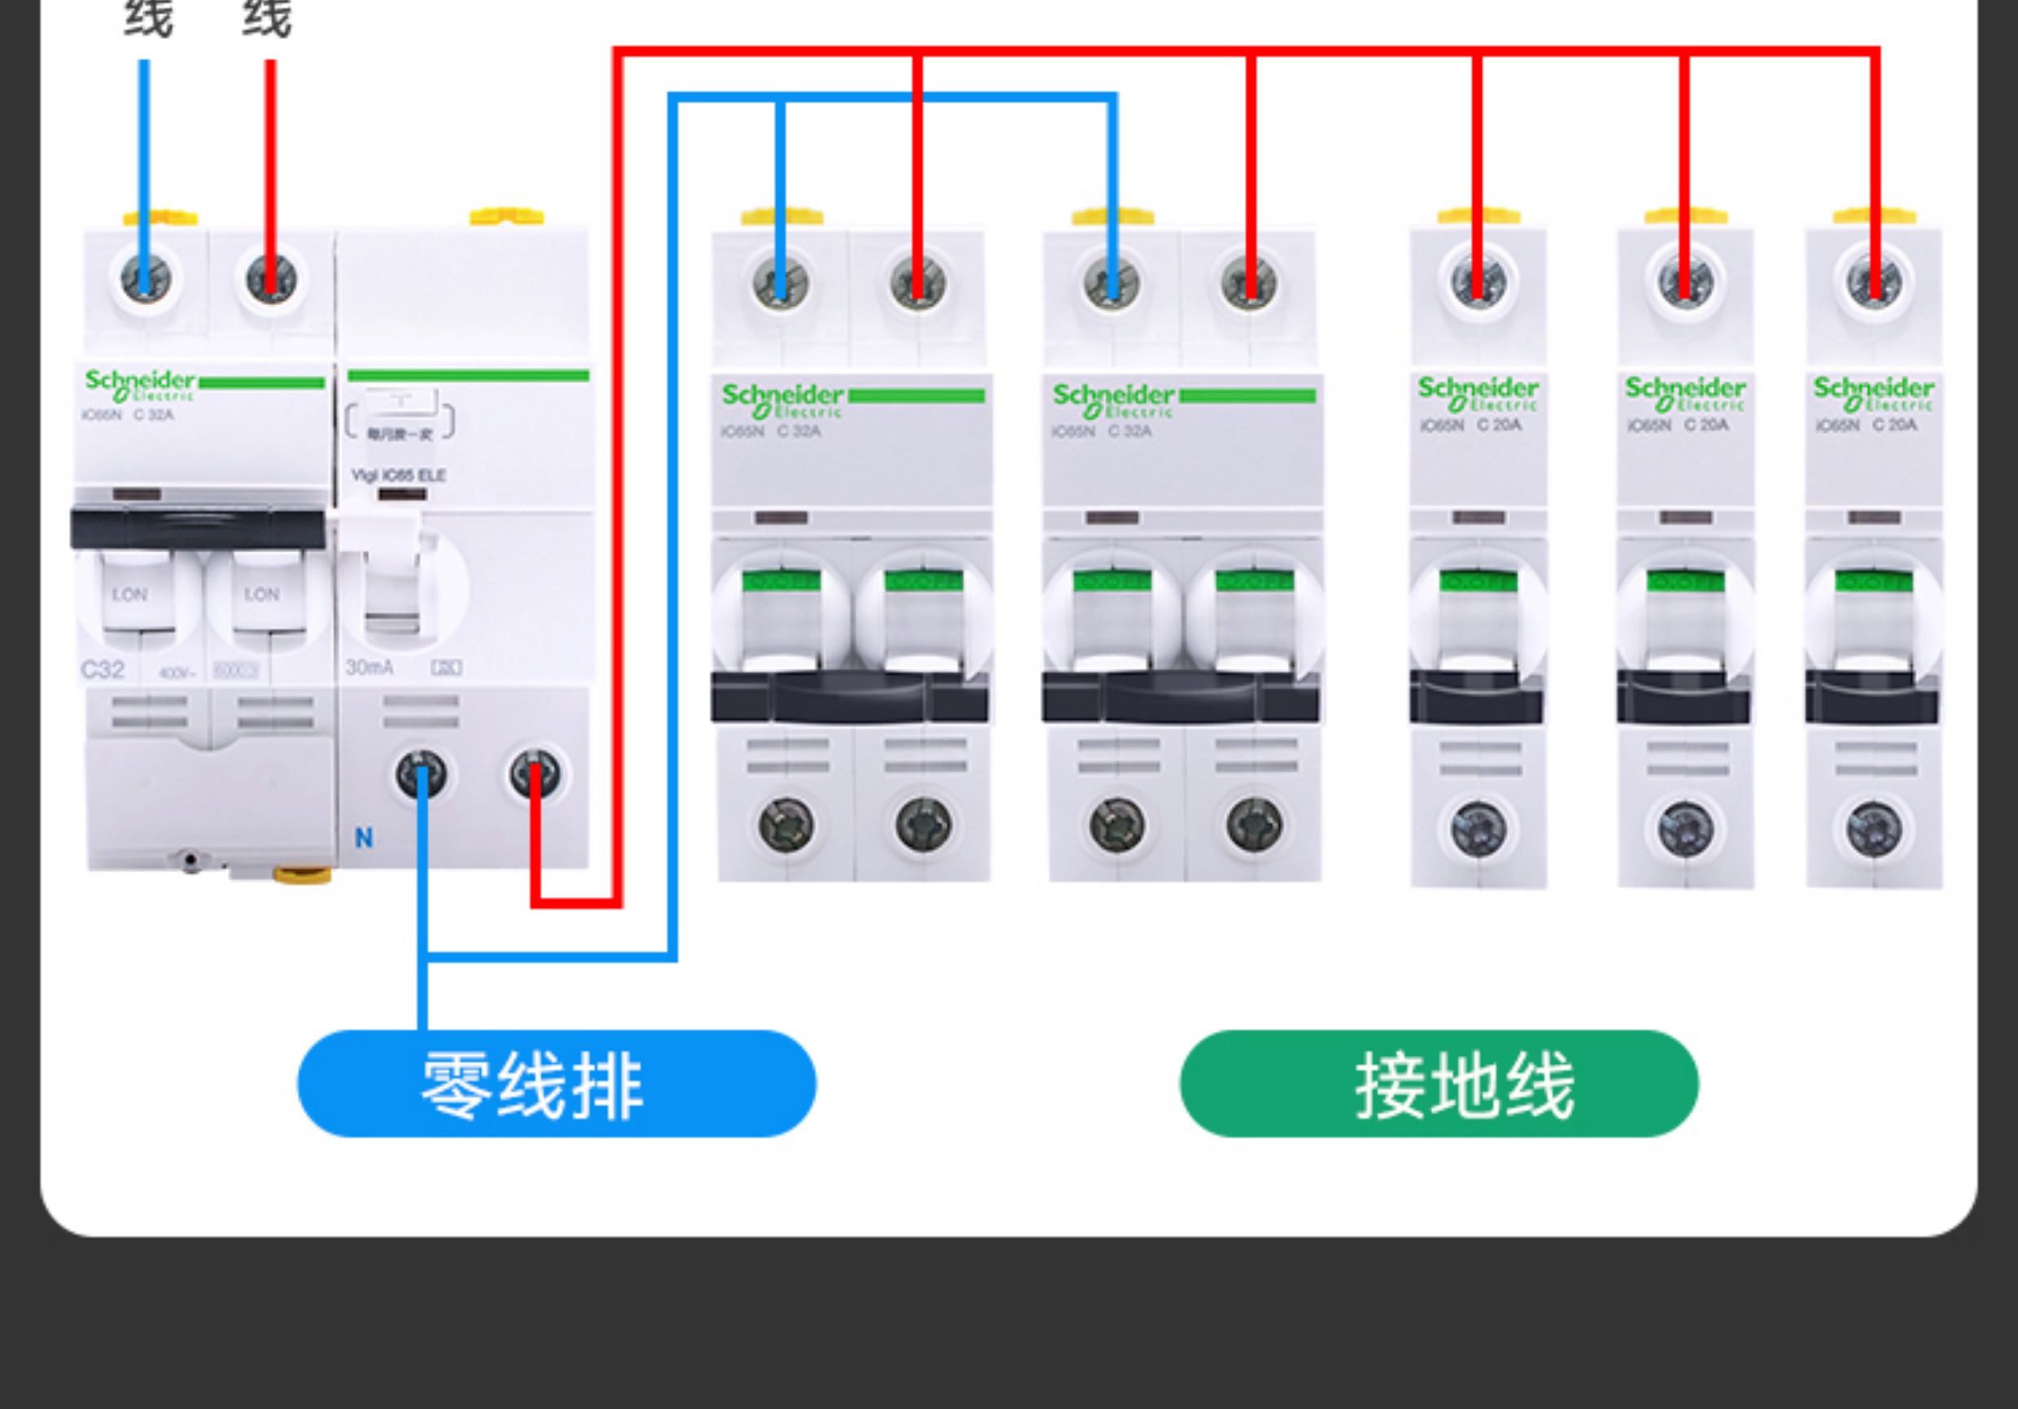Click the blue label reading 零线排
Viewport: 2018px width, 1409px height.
[x=556, y=1084]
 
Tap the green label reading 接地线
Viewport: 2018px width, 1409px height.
[x=1439, y=1084]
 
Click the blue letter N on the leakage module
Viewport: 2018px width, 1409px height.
[x=363, y=838]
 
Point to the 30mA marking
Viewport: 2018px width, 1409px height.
[x=369, y=668]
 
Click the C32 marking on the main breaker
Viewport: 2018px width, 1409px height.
[x=103, y=670]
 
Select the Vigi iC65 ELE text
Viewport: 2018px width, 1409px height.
[x=398, y=476]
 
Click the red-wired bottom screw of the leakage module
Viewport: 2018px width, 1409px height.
[x=535, y=774]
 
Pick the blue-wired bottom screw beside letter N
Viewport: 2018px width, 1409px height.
[x=421, y=774]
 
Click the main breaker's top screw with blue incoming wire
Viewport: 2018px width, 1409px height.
[x=145, y=279]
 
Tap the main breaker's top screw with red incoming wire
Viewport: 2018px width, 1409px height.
[x=271, y=279]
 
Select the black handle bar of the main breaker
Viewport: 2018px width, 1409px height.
[x=198, y=528]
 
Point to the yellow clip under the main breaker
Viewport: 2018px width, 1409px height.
[x=301, y=875]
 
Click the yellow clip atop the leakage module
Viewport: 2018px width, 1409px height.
[x=506, y=216]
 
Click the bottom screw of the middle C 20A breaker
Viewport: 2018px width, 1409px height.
[x=1685, y=829]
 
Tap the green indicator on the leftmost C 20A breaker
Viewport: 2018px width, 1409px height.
[x=1479, y=581]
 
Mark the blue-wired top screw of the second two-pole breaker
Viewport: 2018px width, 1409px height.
[x=1112, y=284]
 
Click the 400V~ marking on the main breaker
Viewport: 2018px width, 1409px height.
[x=177, y=674]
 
